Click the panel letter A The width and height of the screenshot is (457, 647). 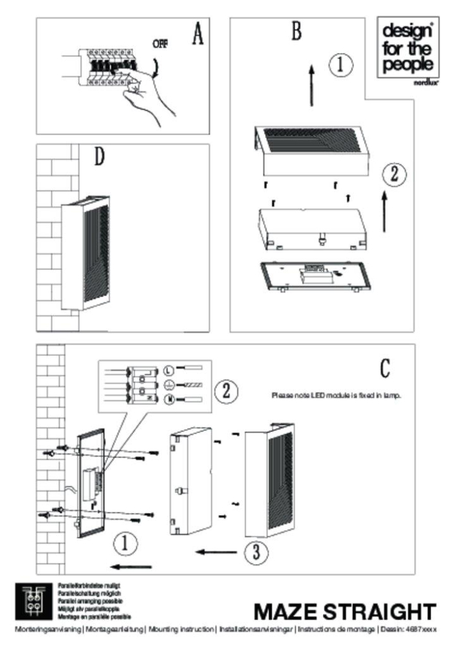coord(198,34)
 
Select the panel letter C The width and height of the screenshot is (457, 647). coord(384,367)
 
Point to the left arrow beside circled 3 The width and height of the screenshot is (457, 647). coord(216,552)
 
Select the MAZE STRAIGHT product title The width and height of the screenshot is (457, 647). coord(344,611)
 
